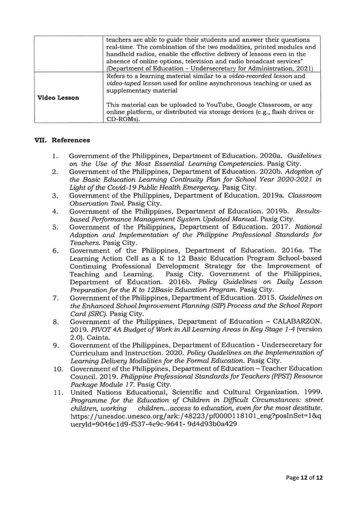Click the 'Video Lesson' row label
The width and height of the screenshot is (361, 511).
click(58, 97)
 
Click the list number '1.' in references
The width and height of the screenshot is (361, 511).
click(54, 155)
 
